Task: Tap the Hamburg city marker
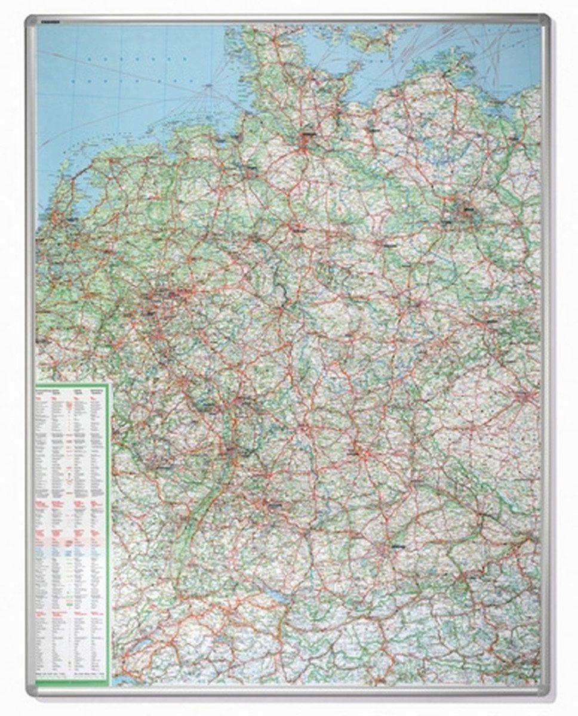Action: pyautogui.click(x=308, y=139)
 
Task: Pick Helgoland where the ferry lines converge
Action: pyautogui.click(x=209, y=88)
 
